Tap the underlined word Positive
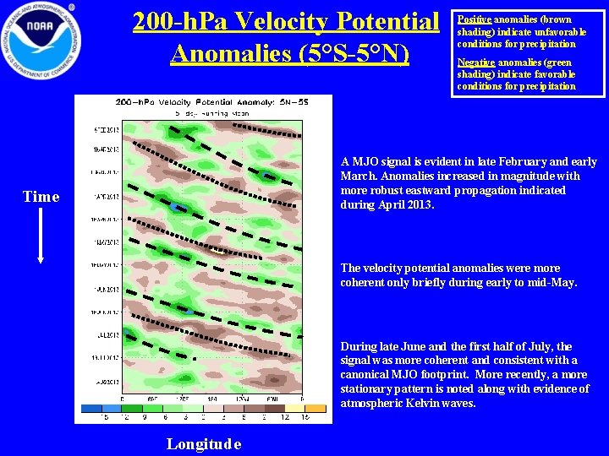pos(472,19)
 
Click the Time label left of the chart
pos(41,197)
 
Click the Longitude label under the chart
pos(204,444)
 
